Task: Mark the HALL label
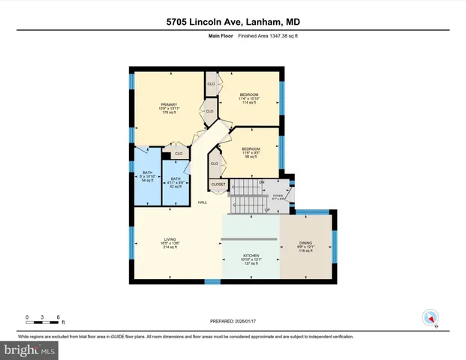(x=203, y=202)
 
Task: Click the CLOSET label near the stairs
(x=218, y=184)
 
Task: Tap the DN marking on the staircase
(x=262, y=181)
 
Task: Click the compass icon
(x=430, y=317)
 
